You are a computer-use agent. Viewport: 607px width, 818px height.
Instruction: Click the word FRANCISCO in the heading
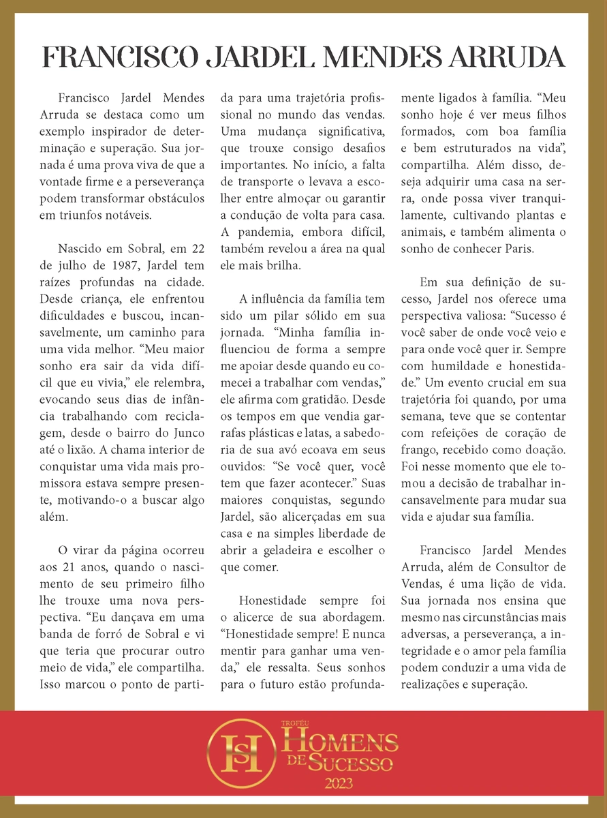coord(114,58)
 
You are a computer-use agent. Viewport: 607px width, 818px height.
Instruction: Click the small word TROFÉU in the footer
coord(294,721)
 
